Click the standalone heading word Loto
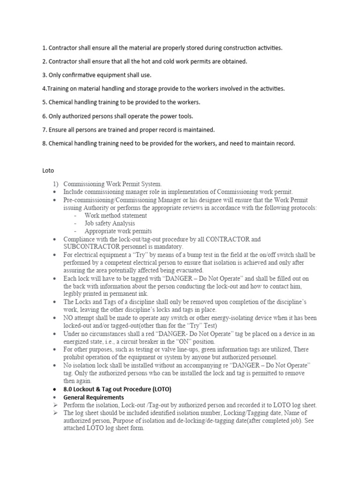pos(48,172)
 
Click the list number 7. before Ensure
pos(45,129)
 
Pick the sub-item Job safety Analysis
pos(110,223)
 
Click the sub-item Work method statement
pos(116,215)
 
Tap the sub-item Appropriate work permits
pos(118,231)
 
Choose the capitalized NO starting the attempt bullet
pos(68,318)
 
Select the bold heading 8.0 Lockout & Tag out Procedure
pos(117,389)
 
